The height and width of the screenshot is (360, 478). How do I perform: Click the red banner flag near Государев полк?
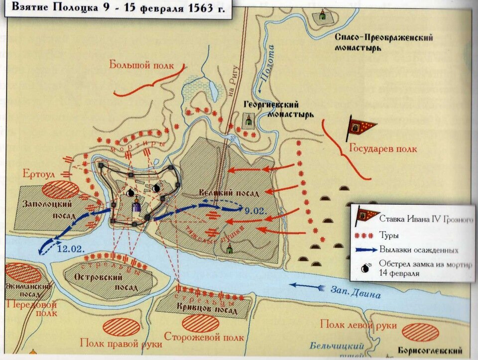[361, 128]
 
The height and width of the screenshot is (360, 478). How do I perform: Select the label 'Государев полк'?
[382, 148]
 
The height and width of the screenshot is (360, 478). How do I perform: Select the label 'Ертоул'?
[38, 173]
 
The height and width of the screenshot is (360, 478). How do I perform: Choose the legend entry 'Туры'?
[389, 234]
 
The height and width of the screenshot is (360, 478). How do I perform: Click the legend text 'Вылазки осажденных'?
[419, 249]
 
